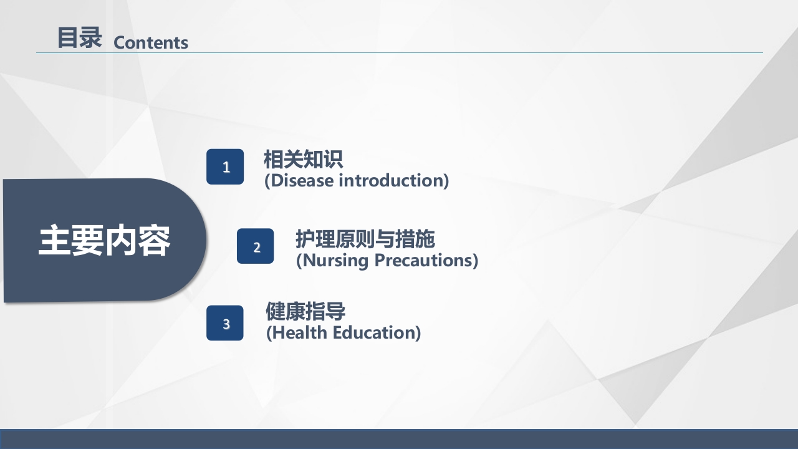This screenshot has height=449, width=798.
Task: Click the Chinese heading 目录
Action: (x=79, y=38)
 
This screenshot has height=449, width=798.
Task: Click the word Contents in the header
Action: (x=151, y=42)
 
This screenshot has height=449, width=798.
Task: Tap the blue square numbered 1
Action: (x=225, y=167)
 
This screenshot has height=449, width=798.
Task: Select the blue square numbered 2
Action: (x=256, y=246)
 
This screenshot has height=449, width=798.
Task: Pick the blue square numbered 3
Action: (x=225, y=323)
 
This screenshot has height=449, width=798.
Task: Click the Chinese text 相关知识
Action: (x=303, y=160)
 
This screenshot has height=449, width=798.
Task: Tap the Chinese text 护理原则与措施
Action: (x=365, y=239)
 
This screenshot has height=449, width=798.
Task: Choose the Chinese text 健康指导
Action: (x=305, y=311)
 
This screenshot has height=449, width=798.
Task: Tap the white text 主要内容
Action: (x=104, y=241)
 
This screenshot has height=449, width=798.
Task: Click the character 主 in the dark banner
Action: (x=54, y=241)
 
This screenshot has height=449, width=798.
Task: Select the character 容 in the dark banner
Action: (x=154, y=241)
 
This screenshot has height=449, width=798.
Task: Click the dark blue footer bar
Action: (x=399, y=439)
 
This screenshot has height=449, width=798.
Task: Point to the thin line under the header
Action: (x=399, y=52)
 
